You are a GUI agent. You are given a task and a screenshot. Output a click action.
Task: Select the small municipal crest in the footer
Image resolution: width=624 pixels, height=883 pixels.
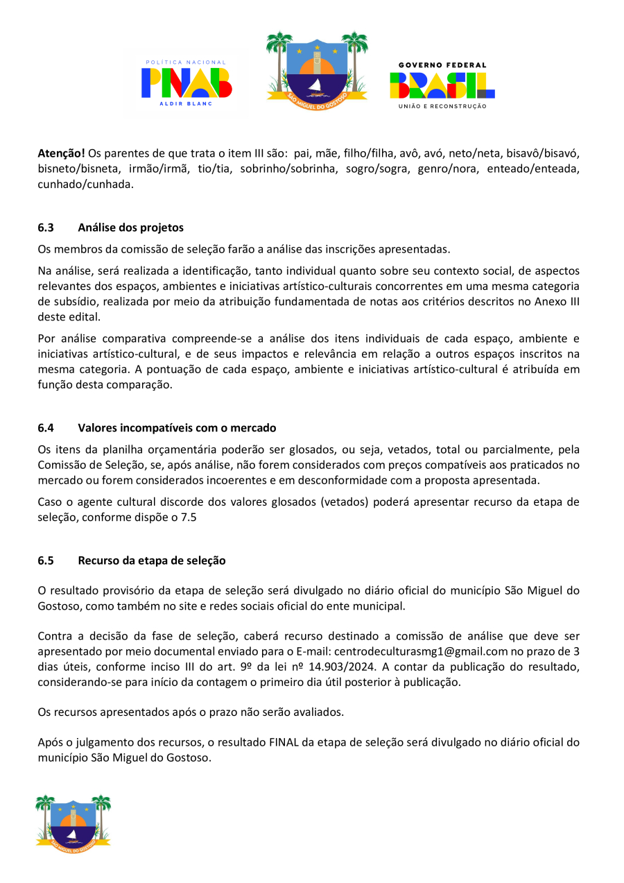[73, 823]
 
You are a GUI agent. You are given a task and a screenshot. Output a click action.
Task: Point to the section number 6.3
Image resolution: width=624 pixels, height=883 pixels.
[46, 228]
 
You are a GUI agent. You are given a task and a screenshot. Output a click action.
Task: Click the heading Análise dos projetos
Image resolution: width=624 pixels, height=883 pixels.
[130, 228]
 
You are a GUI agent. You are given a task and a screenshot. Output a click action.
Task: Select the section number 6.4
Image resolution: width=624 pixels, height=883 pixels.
[46, 428]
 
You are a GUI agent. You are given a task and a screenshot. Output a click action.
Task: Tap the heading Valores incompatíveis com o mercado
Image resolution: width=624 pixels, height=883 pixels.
[177, 428]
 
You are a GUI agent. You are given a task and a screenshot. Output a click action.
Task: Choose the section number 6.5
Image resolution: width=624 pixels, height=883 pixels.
[46, 560]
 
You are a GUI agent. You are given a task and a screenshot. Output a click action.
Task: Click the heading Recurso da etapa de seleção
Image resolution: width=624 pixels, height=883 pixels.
[151, 560]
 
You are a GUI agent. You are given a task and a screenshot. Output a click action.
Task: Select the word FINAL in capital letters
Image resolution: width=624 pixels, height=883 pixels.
[283, 743]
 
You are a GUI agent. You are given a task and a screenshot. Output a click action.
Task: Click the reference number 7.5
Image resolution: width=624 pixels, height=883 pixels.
[189, 517]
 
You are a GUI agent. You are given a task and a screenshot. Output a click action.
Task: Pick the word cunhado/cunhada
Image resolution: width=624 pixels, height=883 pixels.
[85, 185]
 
